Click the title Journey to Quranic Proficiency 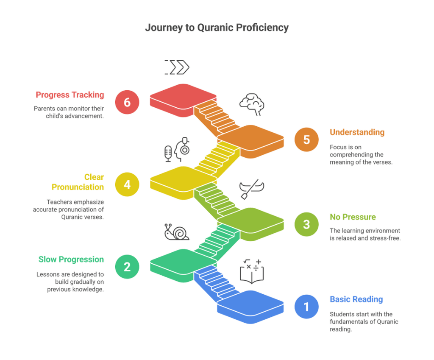(x=217, y=28)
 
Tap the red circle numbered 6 (x=127, y=102)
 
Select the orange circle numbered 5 (x=306, y=140)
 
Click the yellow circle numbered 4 (x=127, y=184)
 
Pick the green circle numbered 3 (x=306, y=224)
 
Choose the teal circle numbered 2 (x=127, y=267)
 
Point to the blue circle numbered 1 (x=306, y=306)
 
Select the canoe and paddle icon (x=252, y=190)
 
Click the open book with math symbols (x=252, y=271)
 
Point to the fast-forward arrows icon (x=177, y=67)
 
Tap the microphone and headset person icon (x=177, y=149)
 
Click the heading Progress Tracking (x=70, y=95)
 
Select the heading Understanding (x=357, y=132)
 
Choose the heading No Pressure (x=353, y=217)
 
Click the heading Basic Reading (x=356, y=299)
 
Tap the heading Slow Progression (x=71, y=260)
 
